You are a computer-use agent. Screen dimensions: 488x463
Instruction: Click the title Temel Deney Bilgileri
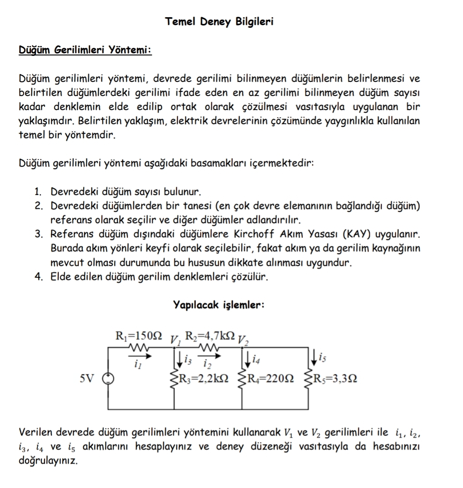pyautogui.click(x=219, y=21)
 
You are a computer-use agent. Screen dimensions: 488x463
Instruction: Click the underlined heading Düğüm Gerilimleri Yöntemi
pyautogui.click(x=85, y=50)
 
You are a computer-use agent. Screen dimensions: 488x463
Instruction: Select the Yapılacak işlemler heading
pyautogui.click(x=219, y=305)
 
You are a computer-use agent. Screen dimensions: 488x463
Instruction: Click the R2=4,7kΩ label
pyautogui.click(x=212, y=337)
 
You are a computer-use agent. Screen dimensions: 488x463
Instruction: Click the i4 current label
pyautogui.click(x=257, y=359)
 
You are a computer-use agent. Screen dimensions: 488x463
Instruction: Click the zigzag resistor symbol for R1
pyautogui.click(x=137, y=348)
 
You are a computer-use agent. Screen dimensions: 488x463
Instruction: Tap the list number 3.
pyautogui.click(x=39, y=234)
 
